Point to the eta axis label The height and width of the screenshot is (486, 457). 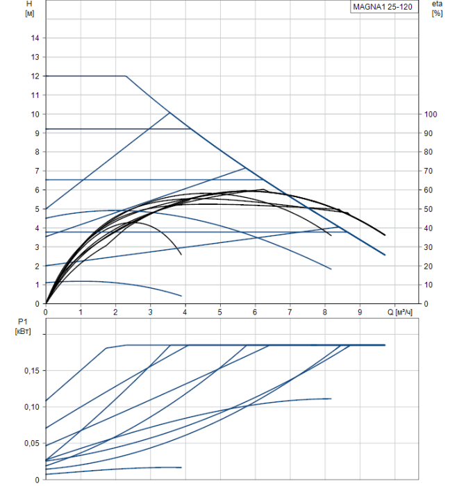(437, 4)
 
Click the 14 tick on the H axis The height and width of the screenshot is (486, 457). (35, 37)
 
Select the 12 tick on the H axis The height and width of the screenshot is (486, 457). (35, 76)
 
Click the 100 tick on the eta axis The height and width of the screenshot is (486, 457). (430, 114)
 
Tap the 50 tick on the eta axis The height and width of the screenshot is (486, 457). (429, 209)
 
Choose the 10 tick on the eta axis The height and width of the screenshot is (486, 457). (429, 285)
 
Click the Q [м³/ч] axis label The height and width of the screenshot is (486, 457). (401, 312)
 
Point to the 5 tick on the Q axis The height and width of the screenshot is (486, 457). (220, 312)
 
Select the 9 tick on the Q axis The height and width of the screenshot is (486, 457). (360, 312)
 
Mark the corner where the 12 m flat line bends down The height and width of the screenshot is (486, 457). (126, 76)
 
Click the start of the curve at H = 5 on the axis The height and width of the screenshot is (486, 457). (46, 208)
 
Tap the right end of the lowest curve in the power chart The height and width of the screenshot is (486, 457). (181, 467)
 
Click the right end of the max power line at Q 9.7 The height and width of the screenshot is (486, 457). (385, 344)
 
